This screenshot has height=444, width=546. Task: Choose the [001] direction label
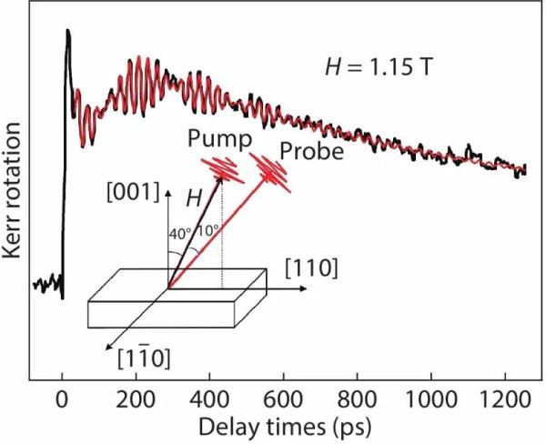(x=135, y=192)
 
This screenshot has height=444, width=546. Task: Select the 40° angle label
(x=178, y=232)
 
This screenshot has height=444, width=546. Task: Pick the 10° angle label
(x=206, y=232)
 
